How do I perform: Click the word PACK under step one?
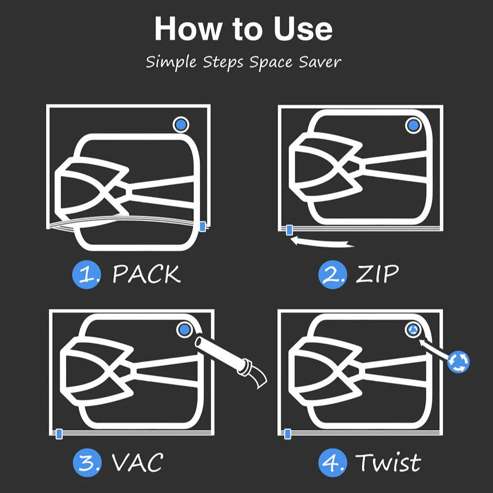(146, 274)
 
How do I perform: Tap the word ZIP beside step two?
(377, 274)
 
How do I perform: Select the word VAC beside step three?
(138, 462)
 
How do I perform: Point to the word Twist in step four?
(388, 462)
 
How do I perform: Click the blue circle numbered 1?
(87, 275)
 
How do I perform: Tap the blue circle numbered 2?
(333, 275)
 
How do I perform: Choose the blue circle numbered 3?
(87, 463)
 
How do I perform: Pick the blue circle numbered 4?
(333, 463)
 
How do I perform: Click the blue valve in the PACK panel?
(181, 125)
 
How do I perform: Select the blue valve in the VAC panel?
(184, 330)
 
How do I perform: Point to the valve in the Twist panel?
(413, 330)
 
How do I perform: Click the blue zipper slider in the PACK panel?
(203, 226)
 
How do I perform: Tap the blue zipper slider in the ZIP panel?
(289, 230)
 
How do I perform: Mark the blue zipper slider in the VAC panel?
(59, 434)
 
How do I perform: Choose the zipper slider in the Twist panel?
(287, 434)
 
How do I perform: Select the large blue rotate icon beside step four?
(458, 362)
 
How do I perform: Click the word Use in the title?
(303, 29)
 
